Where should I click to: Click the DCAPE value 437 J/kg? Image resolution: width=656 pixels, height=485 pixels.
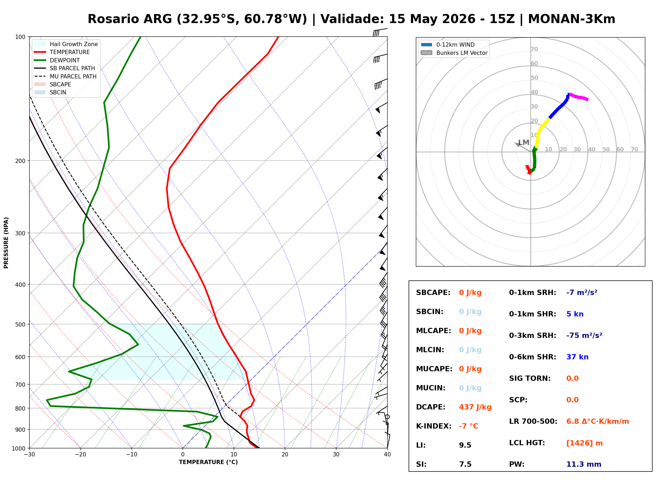tap(475, 407)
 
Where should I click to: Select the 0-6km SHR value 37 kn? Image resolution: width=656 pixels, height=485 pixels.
tap(577, 357)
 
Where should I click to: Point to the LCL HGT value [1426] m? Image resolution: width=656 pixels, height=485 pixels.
tap(584, 443)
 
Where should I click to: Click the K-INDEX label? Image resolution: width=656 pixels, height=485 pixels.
tap(434, 426)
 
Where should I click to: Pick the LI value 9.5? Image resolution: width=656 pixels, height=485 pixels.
tap(465, 445)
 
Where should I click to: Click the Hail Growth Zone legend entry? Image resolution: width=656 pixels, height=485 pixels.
tap(66, 44)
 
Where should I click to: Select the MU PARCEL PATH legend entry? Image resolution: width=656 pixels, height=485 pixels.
tap(65, 76)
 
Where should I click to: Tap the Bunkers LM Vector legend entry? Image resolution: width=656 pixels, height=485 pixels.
tap(454, 53)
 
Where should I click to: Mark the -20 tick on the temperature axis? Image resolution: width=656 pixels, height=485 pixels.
tap(80, 455)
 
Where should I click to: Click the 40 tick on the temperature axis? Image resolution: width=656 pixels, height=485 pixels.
tap(387, 455)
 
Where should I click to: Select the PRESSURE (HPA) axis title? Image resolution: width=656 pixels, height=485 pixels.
tap(6, 243)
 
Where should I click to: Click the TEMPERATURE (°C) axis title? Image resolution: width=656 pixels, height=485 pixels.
tap(208, 462)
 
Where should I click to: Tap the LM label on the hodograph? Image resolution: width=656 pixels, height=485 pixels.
tap(524, 142)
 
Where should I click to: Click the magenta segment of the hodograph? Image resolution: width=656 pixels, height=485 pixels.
tap(579, 96)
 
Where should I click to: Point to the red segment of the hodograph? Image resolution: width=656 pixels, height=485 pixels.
tap(528, 170)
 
